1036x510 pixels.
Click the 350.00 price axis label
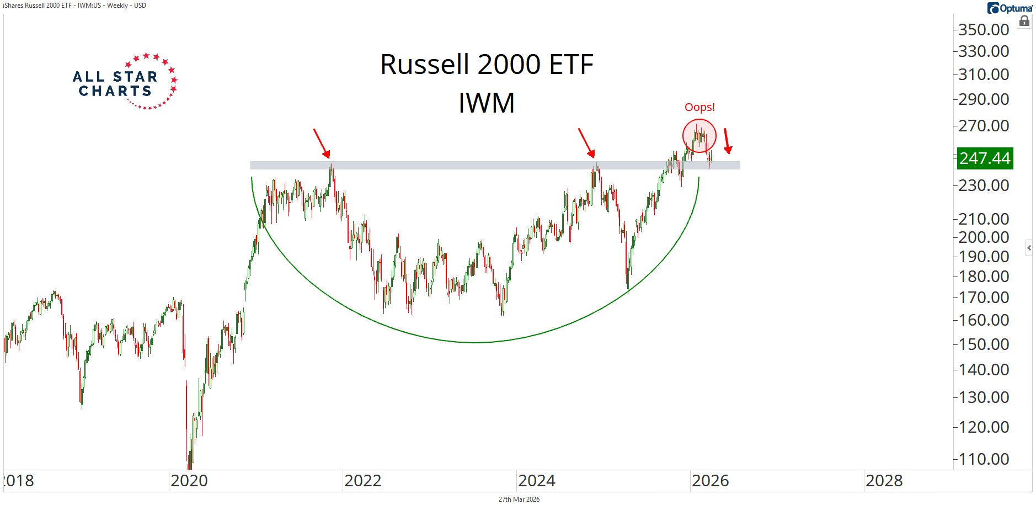click(x=984, y=29)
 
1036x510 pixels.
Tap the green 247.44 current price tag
click(x=985, y=158)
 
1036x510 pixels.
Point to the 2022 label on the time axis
click(x=363, y=481)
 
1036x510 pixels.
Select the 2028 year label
click(x=884, y=481)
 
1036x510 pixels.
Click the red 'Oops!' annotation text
click(x=699, y=107)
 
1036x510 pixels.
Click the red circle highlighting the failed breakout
click(x=699, y=136)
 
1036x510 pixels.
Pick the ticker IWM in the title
click(x=487, y=103)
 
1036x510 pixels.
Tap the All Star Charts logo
click(x=125, y=82)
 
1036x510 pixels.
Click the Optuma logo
click(x=1010, y=8)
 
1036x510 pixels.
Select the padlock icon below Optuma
click(x=1024, y=22)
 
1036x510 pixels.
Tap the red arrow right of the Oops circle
click(x=727, y=141)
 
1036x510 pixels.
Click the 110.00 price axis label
click(x=984, y=459)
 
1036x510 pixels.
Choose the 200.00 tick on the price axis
click(x=984, y=237)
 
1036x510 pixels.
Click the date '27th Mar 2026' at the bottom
click(x=519, y=500)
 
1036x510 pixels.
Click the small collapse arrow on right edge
click(x=1029, y=248)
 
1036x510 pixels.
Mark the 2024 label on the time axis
click(x=537, y=481)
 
